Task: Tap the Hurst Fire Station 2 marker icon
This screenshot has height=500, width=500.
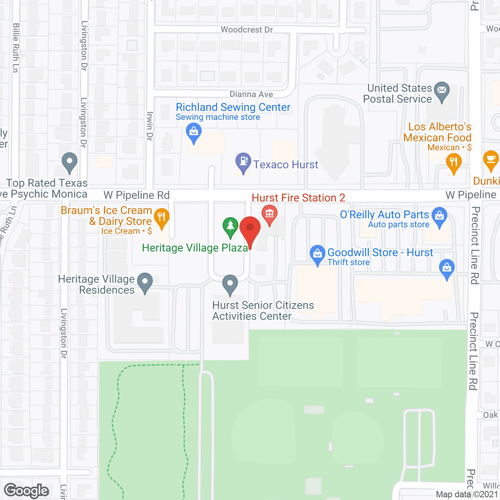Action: coord(270,214)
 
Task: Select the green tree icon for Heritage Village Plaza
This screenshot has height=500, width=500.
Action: coord(230,226)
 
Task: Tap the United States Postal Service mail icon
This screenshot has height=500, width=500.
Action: coord(442,91)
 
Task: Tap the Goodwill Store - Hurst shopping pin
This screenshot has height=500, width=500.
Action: coord(318,254)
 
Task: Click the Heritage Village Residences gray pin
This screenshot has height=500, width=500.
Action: coord(145,282)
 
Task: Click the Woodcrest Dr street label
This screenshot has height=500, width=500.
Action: coord(246,30)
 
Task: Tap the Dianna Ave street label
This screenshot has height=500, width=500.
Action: coord(251,94)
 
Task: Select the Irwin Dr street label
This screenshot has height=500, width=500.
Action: coord(150,126)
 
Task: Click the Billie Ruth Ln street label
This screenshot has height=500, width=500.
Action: coord(16,48)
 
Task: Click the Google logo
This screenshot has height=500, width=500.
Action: coord(27,491)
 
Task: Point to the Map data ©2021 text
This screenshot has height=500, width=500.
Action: coord(467,495)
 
